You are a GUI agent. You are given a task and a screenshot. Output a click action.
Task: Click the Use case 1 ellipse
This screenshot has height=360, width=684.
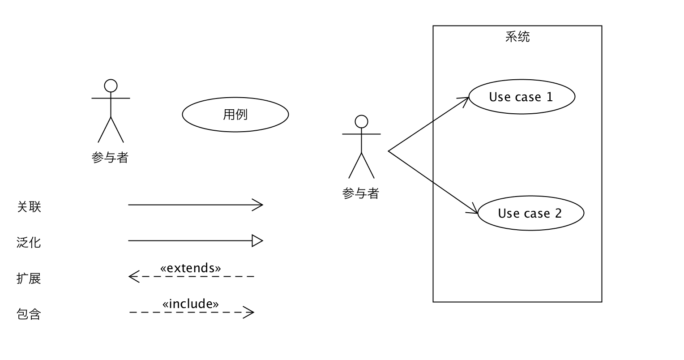click(x=522, y=97)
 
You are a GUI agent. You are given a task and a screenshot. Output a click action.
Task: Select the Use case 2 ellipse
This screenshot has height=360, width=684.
click(x=530, y=213)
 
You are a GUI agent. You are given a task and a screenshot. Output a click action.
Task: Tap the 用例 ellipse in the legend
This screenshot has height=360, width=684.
click(x=235, y=115)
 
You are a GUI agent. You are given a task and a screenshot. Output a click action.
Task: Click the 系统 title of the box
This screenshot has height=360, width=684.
click(x=517, y=37)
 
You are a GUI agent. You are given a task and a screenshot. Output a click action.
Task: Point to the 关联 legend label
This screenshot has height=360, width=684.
click(x=29, y=207)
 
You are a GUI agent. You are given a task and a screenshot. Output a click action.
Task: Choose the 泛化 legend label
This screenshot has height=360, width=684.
click(x=29, y=243)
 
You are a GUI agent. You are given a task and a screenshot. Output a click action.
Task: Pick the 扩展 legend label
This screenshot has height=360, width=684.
click(x=29, y=279)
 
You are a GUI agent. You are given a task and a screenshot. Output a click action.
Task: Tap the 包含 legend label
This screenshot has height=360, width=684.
click(x=29, y=314)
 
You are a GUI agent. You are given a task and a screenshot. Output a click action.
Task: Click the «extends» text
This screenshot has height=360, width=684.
click(x=191, y=268)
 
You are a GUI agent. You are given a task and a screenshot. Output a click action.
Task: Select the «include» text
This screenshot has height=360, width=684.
click(x=191, y=304)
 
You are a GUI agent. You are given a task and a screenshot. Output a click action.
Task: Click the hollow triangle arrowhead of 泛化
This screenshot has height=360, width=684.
click(x=257, y=241)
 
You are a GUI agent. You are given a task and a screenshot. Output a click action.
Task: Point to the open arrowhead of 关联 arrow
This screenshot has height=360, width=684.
click(x=259, y=205)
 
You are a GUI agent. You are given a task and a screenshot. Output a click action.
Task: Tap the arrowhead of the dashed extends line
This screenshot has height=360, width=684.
click(x=133, y=277)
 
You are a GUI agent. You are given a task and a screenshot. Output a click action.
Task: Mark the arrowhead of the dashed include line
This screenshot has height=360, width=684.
click(x=250, y=312)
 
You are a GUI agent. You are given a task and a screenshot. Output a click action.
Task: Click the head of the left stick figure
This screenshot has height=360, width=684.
click(x=111, y=86)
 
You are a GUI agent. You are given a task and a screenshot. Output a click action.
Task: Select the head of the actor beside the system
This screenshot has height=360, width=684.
click(x=361, y=121)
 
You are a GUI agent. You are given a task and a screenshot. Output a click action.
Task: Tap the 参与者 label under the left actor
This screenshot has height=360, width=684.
click(x=110, y=158)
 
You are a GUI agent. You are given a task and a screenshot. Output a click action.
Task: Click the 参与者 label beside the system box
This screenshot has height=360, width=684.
click(x=361, y=193)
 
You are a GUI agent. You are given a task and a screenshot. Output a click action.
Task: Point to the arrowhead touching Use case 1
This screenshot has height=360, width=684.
click(x=465, y=100)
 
